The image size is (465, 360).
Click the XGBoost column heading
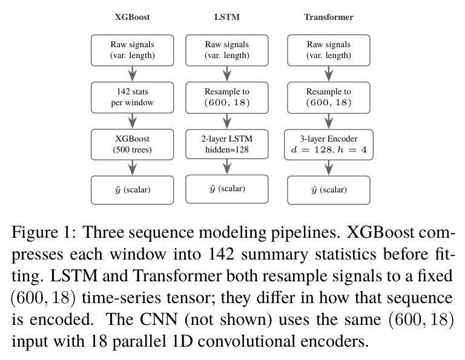pyautogui.click(x=132, y=17)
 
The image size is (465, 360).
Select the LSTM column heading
pyautogui.click(x=227, y=17)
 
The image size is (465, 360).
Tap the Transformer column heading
pyautogui.click(x=329, y=17)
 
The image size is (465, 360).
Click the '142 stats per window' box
pyautogui.click(x=132, y=97)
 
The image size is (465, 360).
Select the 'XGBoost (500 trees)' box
pyautogui.click(x=132, y=145)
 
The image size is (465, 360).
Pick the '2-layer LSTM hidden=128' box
pyautogui.click(x=227, y=145)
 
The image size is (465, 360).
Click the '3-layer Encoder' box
pyautogui.click(x=329, y=145)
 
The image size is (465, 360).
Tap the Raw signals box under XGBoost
pyautogui.click(x=132, y=50)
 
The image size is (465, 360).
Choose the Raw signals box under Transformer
pyautogui.click(x=329, y=50)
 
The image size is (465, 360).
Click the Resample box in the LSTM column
pyautogui.click(x=227, y=97)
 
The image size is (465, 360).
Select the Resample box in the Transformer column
pyautogui.click(x=329, y=97)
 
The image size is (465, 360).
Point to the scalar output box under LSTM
pyautogui.click(x=227, y=189)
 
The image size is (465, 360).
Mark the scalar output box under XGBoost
pyautogui.click(x=132, y=190)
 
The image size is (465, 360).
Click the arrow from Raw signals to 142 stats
pyautogui.click(x=132, y=74)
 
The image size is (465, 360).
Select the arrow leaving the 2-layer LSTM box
pyautogui.click(x=227, y=166)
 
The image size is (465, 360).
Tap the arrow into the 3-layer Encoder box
pyautogui.click(x=329, y=121)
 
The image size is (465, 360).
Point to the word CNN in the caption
pyautogui.click(x=159, y=319)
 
